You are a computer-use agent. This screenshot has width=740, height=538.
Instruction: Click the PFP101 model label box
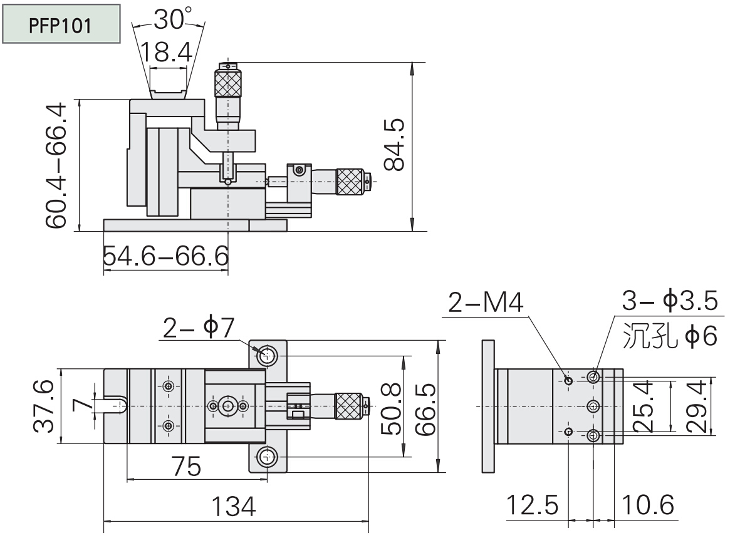point(61,25)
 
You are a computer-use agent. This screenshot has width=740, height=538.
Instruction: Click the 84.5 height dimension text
point(395,145)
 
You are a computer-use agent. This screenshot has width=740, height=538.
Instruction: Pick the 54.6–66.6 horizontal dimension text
point(165,256)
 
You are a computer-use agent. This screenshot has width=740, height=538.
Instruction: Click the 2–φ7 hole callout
point(198,328)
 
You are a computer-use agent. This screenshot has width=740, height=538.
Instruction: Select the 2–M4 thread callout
point(485,303)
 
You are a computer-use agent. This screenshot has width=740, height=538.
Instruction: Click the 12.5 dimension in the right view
point(533,504)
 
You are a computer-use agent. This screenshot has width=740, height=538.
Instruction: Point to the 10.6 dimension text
point(648,504)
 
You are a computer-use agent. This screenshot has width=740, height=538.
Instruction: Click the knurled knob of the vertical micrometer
point(228,83)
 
